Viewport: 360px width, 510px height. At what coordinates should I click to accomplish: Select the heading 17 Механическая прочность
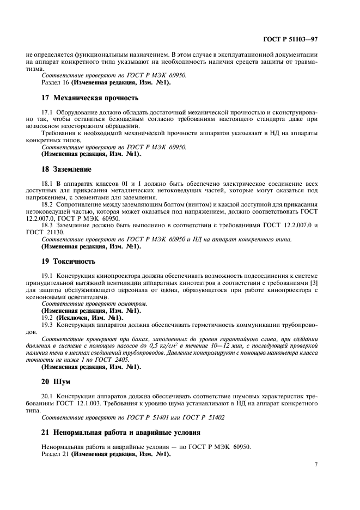[90, 98]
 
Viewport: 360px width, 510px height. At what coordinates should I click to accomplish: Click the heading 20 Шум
[57, 381]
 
